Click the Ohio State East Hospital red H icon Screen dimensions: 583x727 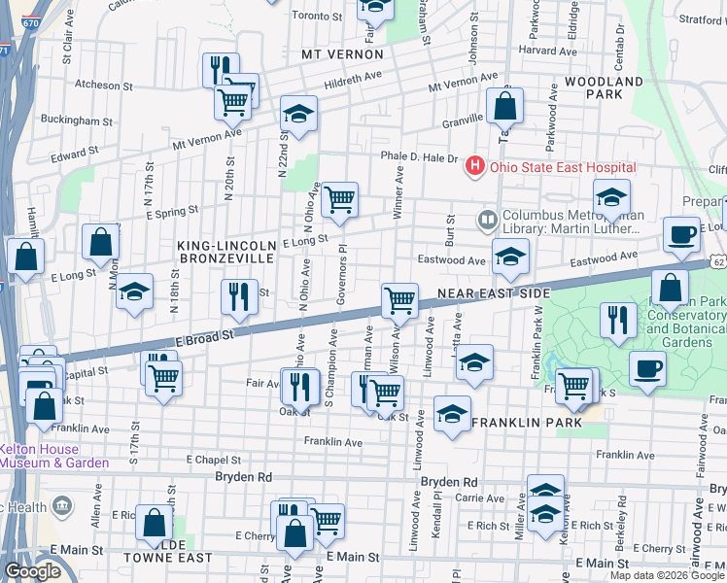(x=474, y=166)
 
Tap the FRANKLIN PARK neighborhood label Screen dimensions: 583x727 (x=527, y=423)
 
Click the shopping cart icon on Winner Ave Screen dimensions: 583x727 (x=339, y=199)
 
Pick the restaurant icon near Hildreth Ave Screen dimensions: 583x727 (x=219, y=69)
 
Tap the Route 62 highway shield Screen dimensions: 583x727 (x=718, y=262)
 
